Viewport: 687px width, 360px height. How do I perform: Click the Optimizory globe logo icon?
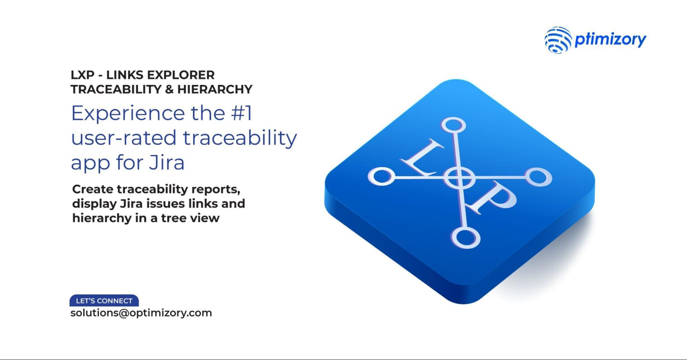pyautogui.click(x=558, y=40)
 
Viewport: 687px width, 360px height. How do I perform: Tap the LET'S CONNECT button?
pyautogui.click(x=104, y=301)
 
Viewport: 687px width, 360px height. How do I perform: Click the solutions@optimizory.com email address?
pyautogui.click(x=141, y=313)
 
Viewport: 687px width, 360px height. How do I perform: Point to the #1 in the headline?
pyautogui.click(x=242, y=113)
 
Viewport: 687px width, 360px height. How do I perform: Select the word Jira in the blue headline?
pyautogui.click(x=167, y=162)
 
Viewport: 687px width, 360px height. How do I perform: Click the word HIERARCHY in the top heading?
pyautogui.click(x=215, y=89)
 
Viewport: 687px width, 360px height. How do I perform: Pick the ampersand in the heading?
pyautogui.click(x=169, y=89)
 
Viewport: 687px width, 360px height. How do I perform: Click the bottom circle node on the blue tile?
pyautogui.click(x=465, y=238)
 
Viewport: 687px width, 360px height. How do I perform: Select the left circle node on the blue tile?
pyautogui.click(x=380, y=176)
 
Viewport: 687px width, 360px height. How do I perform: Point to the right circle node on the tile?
pyautogui.click(x=539, y=177)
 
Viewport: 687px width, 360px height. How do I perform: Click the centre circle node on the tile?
pyautogui.click(x=459, y=178)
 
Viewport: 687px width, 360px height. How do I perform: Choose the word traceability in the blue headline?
pyautogui.click(x=240, y=138)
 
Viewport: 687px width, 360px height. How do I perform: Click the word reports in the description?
pyautogui.click(x=215, y=189)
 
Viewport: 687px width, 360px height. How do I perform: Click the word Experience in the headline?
pyautogui.click(x=128, y=113)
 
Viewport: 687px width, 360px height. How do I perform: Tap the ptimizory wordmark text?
pyautogui.click(x=610, y=40)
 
